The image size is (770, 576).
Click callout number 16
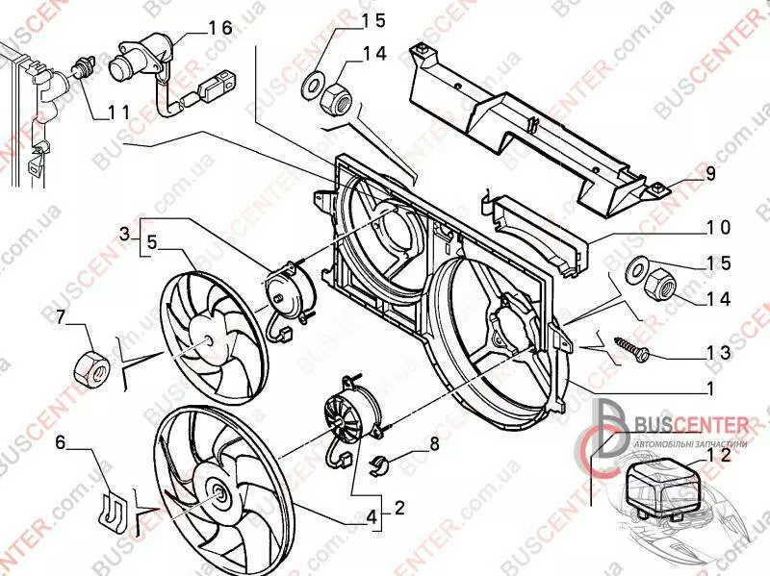[220, 28]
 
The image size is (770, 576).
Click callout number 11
[118, 113]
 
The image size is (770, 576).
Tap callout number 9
[710, 174]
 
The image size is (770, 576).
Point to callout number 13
[718, 353]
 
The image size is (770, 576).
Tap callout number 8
[434, 444]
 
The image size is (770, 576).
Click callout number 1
[709, 388]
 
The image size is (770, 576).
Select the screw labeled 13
[628, 349]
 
